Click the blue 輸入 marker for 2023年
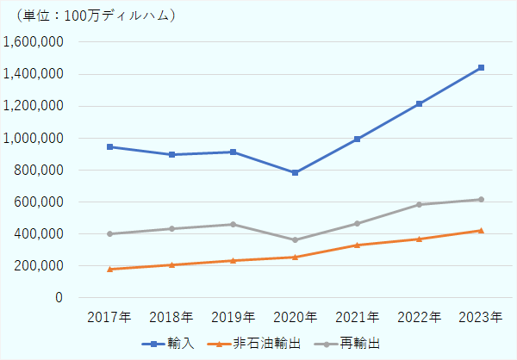pos(481,67)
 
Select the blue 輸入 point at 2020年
pos(296,172)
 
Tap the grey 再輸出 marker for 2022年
pos(419,204)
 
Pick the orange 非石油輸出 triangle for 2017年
pos(110,269)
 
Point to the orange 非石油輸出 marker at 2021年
pos(358,245)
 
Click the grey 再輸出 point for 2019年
pos(234,224)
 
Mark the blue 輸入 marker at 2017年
pos(110,146)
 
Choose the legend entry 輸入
pos(169,343)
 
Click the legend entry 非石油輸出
pos(258,343)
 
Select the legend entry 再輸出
pos(360,343)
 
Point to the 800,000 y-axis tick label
pos(39,170)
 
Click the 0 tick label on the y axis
pos(58,297)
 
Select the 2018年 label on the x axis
pos(171,316)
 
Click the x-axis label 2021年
pos(358,316)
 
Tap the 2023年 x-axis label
pos(481,316)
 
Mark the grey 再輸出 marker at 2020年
pos(296,239)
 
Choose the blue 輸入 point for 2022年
pos(419,103)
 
